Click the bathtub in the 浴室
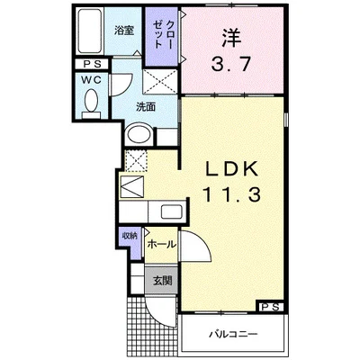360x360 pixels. pos(89,31)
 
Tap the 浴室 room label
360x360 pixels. pos(124,31)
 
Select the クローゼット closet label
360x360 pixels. pos(163,34)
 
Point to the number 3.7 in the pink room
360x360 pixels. pos(230,64)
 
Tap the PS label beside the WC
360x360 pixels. pos(91,64)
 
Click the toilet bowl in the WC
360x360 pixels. pos(91,101)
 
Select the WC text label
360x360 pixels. pos(92,80)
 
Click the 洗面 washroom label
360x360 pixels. pos(146,107)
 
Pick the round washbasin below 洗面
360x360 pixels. pos(139,134)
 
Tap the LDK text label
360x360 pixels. pos(231,170)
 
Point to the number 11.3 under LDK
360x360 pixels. pos(231,194)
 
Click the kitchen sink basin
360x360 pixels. pos(172,211)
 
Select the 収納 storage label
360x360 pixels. pos(130,236)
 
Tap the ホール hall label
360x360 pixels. pos(161,244)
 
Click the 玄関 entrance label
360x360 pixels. pos(162,281)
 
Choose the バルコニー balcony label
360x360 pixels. pos(233,334)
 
